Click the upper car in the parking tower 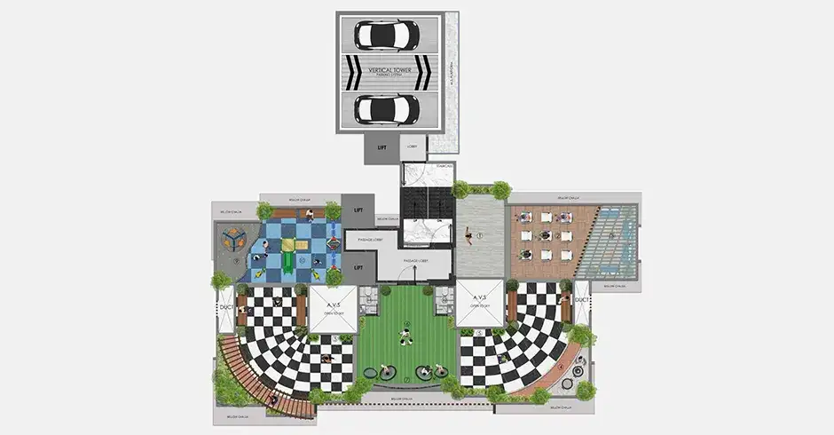387,35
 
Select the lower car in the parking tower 387,108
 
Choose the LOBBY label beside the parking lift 412,146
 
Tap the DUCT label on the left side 225,301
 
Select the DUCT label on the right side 582,301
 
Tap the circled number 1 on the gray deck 478,235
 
